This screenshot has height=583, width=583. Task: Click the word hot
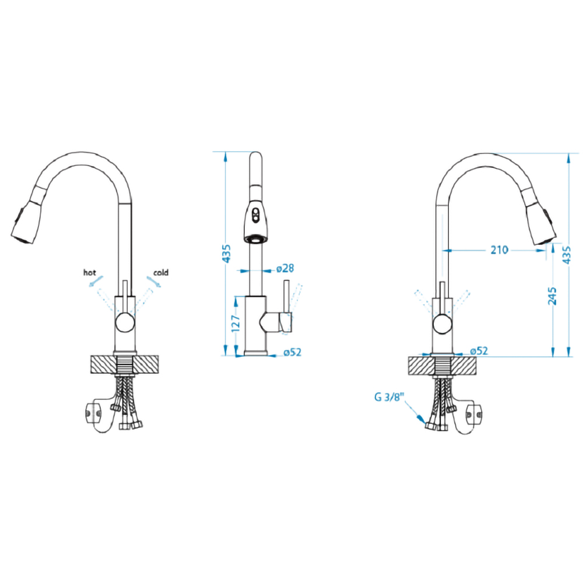pyautogui.click(x=90, y=272)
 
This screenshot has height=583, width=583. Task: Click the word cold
pyautogui.click(x=161, y=272)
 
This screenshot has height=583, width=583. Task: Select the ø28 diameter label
pyautogui.click(x=285, y=268)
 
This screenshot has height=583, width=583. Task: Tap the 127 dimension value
pyautogui.click(x=236, y=323)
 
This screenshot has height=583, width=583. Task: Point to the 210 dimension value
pyautogui.click(x=499, y=250)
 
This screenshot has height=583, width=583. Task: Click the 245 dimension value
pyautogui.click(x=553, y=296)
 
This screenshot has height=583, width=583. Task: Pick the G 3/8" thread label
pyautogui.click(x=389, y=397)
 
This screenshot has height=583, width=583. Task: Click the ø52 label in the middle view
pyautogui.click(x=292, y=352)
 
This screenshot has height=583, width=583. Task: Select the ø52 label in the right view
pyautogui.click(x=479, y=350)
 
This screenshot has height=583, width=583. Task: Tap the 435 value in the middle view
pyautogui.click(x=226, y=254)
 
